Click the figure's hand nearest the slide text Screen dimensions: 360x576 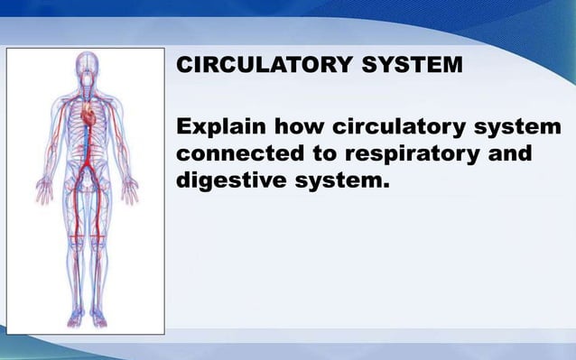click(130, 190)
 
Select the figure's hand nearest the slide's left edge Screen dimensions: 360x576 click(42, 190)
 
